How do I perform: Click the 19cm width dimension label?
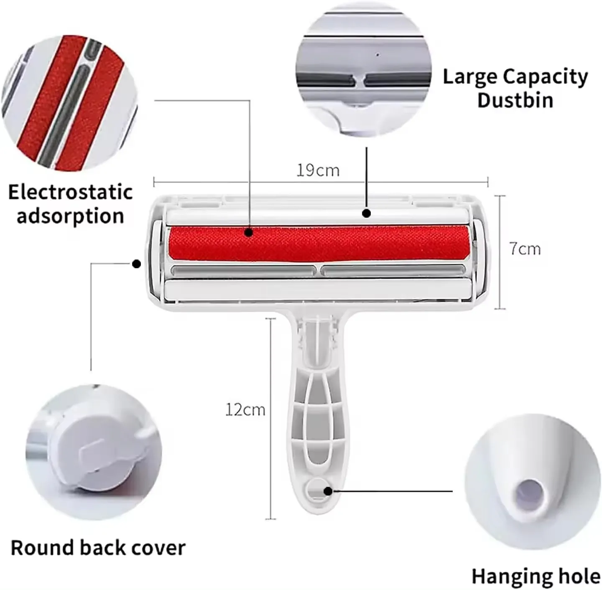point(318,170)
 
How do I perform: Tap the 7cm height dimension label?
point(525,249)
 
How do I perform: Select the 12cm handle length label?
point(245,409)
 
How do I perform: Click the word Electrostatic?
point(70,192)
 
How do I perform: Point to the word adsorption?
point(70,216)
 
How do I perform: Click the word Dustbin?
point(515,100)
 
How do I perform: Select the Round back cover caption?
point(98,548)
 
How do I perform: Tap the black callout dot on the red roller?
point(249,232)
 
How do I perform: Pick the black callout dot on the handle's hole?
point(328,491)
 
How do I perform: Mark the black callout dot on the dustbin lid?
point(367,213)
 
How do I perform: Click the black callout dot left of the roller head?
point(136,264)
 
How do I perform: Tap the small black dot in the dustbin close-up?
point(377,54)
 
